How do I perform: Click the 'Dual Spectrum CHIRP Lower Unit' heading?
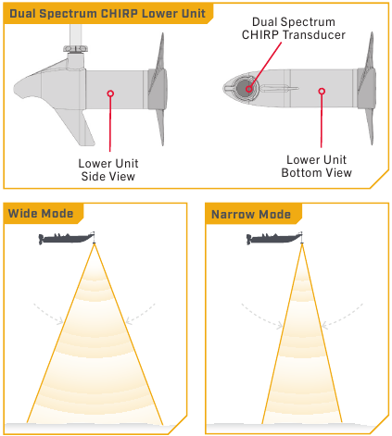(107, 14)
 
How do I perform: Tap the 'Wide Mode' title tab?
(41, 213)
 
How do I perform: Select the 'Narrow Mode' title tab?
(251, 214)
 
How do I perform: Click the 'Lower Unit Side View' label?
(108, 169)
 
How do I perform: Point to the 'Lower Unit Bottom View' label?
(316, 166)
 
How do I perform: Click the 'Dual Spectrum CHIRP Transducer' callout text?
(293, 28)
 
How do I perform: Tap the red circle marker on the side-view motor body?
(110, 93)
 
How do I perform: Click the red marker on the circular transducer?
(249, 89)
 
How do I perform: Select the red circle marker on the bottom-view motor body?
(322, 91)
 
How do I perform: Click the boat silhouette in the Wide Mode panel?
(66, 238)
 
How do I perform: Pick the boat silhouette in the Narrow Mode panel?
(274, 238)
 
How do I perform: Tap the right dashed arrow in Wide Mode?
(142, 312)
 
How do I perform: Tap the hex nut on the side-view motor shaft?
(76, 48)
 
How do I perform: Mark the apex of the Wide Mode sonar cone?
(95, 244)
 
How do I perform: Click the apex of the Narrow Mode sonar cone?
(302, 244)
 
